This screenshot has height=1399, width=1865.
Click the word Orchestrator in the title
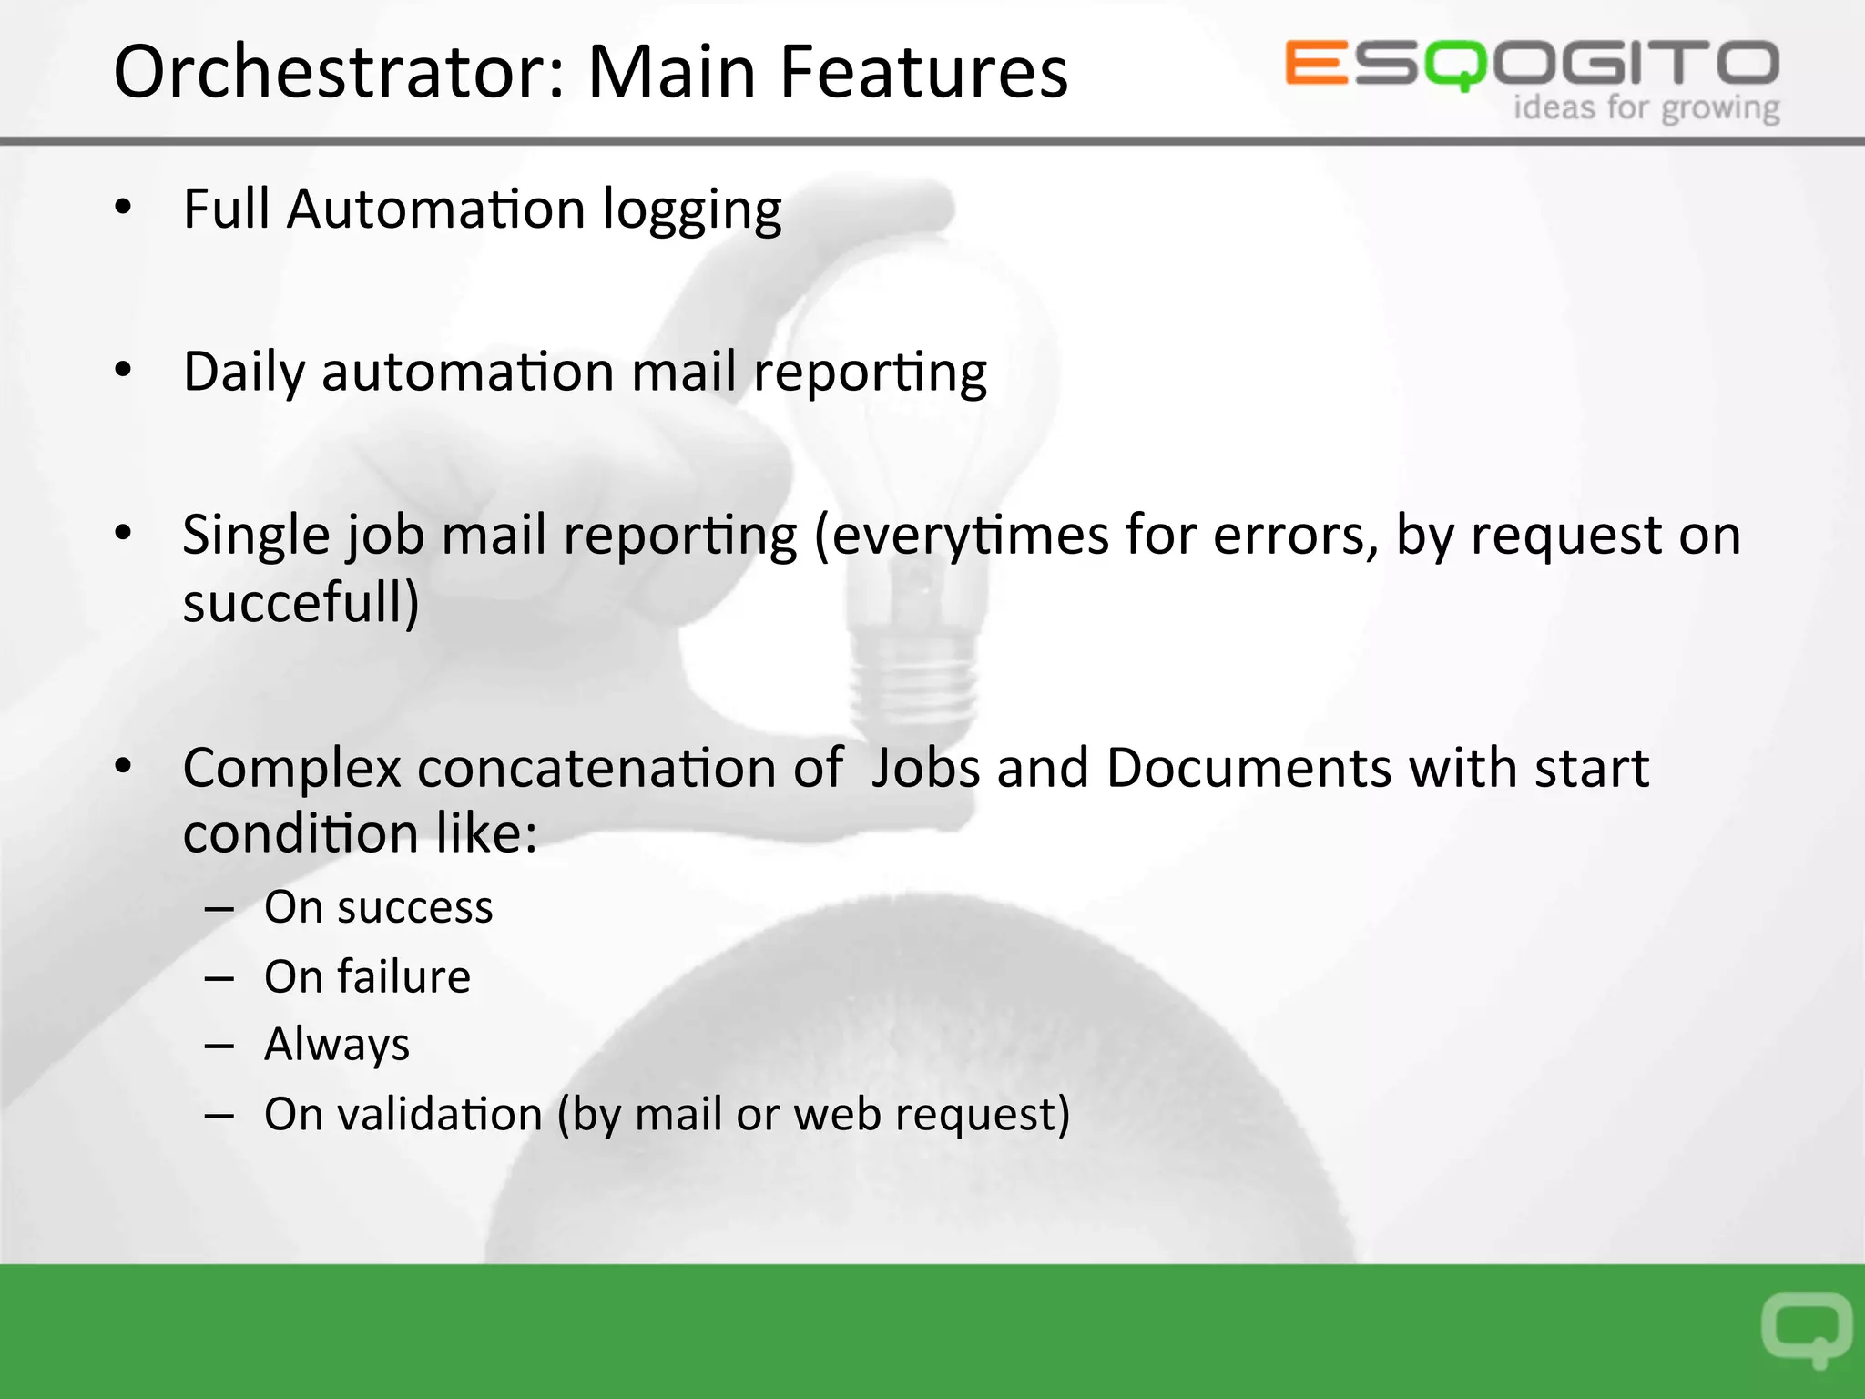337,73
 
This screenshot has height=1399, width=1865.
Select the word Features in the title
923,73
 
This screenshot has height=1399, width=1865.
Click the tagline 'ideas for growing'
1646,108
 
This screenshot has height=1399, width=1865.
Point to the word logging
692,211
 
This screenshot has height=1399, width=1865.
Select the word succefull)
301,603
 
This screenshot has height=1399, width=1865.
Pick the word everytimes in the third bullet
969,536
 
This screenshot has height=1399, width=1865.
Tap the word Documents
1248,769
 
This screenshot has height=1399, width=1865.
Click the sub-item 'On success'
378,908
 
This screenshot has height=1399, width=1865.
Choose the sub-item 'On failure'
367,977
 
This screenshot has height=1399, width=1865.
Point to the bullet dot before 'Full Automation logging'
123,208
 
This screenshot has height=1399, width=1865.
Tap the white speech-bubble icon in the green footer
1806,1329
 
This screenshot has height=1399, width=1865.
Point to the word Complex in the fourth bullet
291,769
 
